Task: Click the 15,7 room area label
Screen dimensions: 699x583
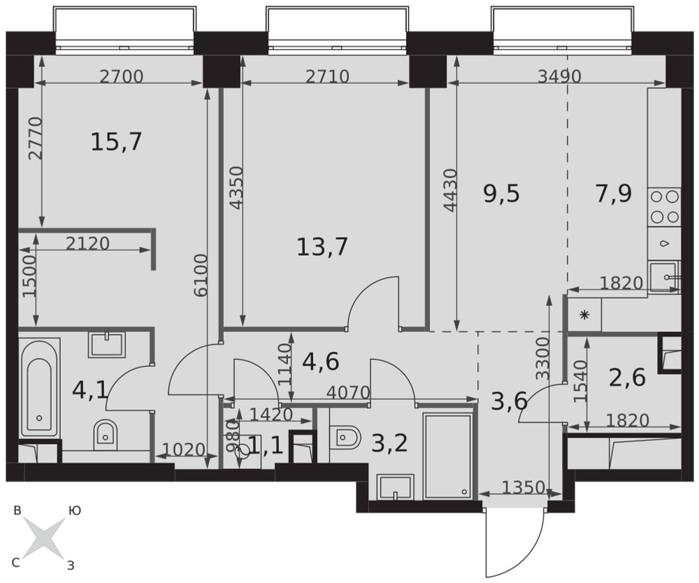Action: tap(116, 142)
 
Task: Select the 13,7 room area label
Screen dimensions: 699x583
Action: tap(322, 247)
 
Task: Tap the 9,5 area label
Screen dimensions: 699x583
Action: tap(501, 194)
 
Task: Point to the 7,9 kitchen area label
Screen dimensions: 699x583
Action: tap(614, 194)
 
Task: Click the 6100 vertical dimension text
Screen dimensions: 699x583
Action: tap(201, 275)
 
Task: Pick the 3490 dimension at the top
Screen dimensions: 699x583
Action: tap(559, 77)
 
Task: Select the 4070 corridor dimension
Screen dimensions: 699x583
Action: tap(348, 393)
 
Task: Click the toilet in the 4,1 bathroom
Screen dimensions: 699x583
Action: tap(106, 434)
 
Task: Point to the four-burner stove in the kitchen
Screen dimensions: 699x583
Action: tap(664, 206)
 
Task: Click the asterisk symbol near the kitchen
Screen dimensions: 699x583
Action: tap(584, 315)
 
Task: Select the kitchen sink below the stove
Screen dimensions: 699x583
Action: tap(664, 277)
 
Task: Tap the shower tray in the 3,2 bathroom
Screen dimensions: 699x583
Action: tap(447, 456)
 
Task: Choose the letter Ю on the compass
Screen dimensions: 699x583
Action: tap(75, 511)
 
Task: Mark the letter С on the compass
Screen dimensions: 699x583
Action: tap(15, 563)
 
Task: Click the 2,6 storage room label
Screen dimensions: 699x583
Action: tap(627, 378)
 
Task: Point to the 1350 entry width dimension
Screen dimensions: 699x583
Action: tap(524, 488)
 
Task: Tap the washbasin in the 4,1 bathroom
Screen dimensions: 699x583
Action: tap(107, 345)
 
